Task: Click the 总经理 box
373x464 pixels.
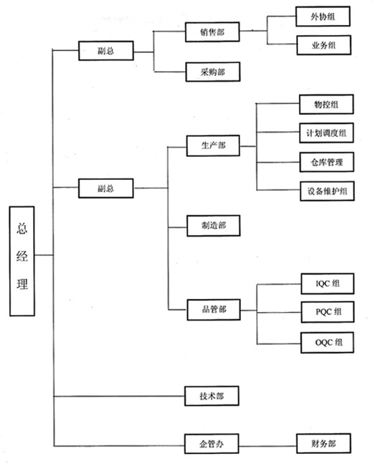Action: (x=22, y=261)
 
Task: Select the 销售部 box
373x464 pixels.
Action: (x=212, y=32)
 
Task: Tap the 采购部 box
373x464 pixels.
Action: (x=212, y=72)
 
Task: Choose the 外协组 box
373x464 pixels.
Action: (x=323, y=16)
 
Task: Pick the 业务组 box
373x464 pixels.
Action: (x=324, y=45)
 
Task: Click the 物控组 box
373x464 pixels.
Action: (x=326, y=105)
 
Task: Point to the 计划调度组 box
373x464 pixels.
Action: (x=326, y=133)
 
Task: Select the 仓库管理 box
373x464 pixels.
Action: (x=326, y=162)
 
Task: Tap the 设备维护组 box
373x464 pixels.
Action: (x=327, y=191)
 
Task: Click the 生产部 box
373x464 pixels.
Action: (x=213, y=146)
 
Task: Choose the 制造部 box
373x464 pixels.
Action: (x=214, y=226)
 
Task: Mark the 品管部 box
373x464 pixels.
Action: (x=214, y=310)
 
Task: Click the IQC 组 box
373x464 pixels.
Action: (x=327, y=284)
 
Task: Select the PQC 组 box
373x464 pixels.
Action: (x=328, y=312)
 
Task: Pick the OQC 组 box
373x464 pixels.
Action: (x=327, y=343)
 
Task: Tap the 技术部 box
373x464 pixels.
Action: (x=212, y=396)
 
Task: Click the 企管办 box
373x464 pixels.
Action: (x=212, y=444)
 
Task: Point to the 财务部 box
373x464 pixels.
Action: (x=324, y=444)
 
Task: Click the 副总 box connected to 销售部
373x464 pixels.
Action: (x=106, y=51)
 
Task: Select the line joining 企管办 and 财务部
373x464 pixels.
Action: (x=268, y=446)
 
